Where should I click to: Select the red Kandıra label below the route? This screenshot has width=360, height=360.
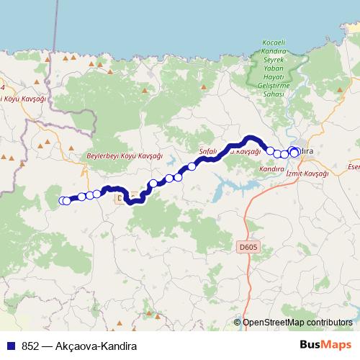click(x=272, y=168)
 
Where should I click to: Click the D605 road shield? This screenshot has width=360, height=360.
click(x=246, y=247)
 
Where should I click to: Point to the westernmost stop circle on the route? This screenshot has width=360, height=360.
click(x=63, y=201)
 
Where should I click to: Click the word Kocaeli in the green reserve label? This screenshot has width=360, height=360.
click(x=276, y=55)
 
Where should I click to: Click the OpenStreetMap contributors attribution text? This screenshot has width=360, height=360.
click(x=297, y=322)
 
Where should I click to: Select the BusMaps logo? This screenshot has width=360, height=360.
click(x=326, y=345)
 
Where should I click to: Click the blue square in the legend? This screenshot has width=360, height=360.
click(x=11, y=345)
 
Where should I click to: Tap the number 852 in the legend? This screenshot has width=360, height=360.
click(x=30, y=345)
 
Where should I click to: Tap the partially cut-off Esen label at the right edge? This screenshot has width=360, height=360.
click(x=353, y=167)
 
